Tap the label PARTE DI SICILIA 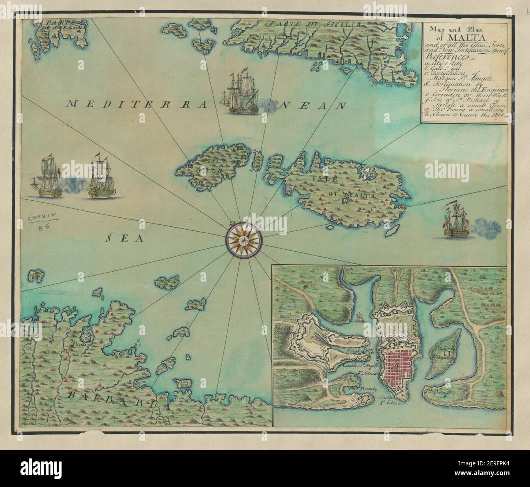pyautogui.click(x=311, y=24)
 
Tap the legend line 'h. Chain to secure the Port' pyautogui.click(x=464, y=115)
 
